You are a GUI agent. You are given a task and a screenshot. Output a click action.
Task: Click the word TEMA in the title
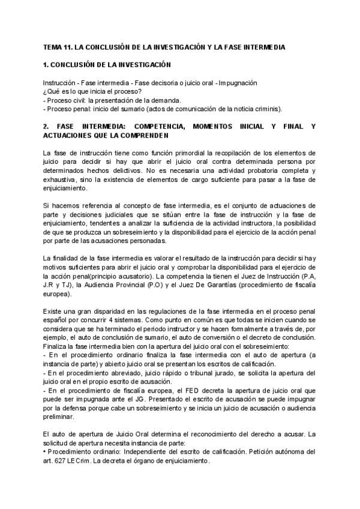[54, 46]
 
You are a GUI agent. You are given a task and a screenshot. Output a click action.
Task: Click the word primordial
[172, 153]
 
